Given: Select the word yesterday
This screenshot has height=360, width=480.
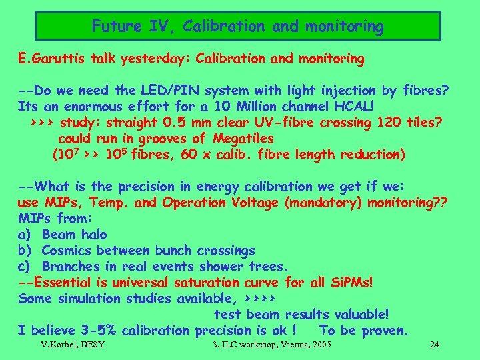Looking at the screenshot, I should tap(149, 59).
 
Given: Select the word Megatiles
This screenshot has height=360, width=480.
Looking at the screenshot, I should tap(244, 139).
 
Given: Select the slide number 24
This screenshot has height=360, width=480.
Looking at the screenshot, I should tap(435, 345).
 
